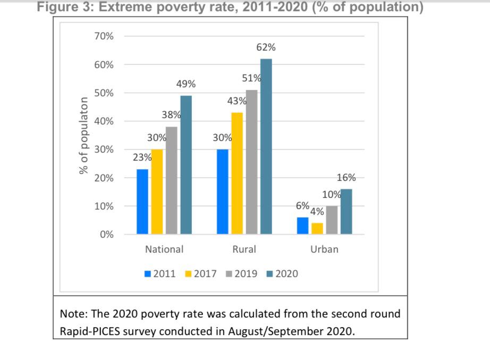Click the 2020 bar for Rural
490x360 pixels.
pos(266,146)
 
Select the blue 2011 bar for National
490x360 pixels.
pos(142,202)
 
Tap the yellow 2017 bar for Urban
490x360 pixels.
pos(317,228)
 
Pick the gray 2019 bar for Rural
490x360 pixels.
pos(251,162)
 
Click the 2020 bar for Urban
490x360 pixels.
pos(347,211)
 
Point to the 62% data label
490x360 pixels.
pos(266,48)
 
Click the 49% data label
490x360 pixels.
pos(186,84)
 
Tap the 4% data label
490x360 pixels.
pos(317,212)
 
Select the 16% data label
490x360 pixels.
pos(347,178)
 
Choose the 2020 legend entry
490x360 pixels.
pos(282,274)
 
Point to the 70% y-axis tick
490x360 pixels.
pos(103,36)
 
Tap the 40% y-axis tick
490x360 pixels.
pos(103,121)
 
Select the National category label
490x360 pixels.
pos(164,249)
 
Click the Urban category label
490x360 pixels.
pos(324,249)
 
